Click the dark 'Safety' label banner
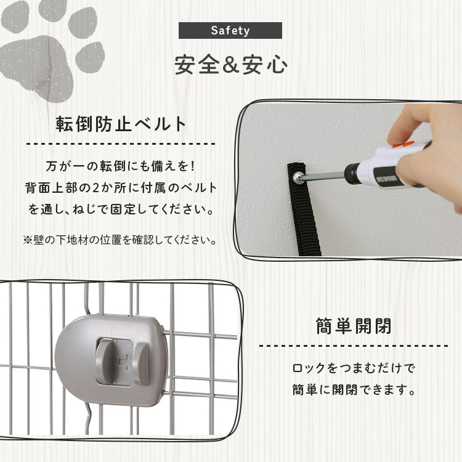point(230,30)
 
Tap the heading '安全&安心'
point(230,65)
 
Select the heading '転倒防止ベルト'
point(121,123)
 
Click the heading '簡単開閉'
point(353,325)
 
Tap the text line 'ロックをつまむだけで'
point(354,369)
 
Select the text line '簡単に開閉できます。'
point(354,391)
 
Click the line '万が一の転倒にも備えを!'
point(121,166)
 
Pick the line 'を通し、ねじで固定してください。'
point(121,209)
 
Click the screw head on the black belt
point(298,178)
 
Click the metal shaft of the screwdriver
point(323,174)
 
